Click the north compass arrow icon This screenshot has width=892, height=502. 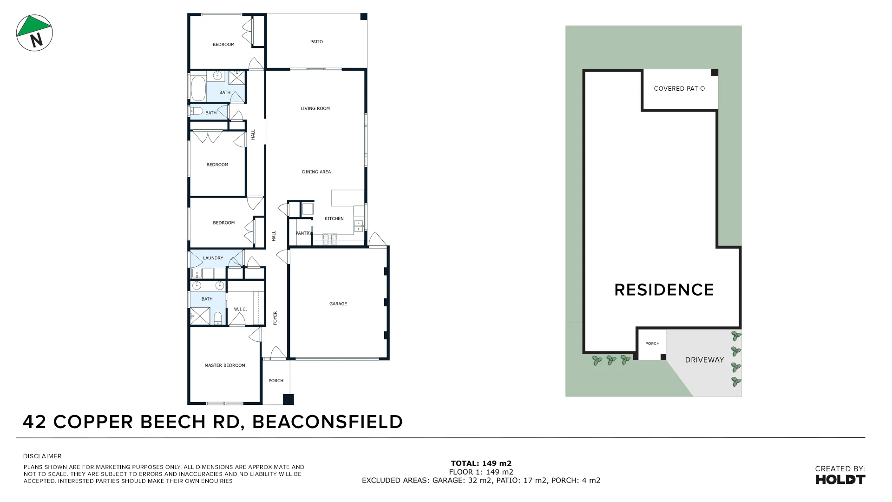34,33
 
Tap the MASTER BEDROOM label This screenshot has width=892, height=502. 225,365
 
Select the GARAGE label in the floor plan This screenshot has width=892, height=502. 338,304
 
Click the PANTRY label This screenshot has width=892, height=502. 303,233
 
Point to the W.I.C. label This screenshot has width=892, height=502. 240,309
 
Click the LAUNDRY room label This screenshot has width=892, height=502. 213,258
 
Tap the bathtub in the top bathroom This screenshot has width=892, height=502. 198,88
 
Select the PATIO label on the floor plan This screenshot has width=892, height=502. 316,42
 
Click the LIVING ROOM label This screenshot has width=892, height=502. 315,108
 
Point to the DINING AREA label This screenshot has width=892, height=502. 316,172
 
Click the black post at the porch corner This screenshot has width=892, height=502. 289,399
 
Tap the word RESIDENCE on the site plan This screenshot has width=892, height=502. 664,290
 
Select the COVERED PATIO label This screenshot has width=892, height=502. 679,88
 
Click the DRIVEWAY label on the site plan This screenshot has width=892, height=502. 704,360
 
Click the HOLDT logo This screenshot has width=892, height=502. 840,479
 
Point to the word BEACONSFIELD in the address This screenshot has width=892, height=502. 327,422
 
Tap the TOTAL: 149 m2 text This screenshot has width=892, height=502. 481,463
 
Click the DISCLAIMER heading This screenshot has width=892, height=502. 42,456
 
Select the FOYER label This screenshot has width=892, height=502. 275,318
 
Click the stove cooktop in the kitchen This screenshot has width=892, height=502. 330,239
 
